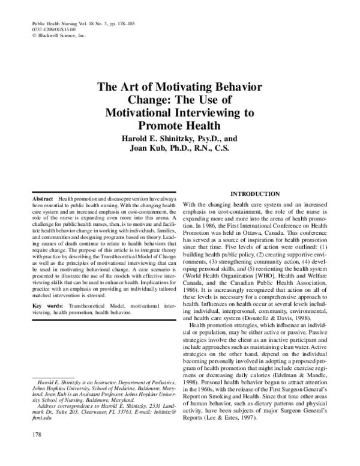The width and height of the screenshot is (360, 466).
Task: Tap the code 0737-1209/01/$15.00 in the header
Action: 55,29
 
